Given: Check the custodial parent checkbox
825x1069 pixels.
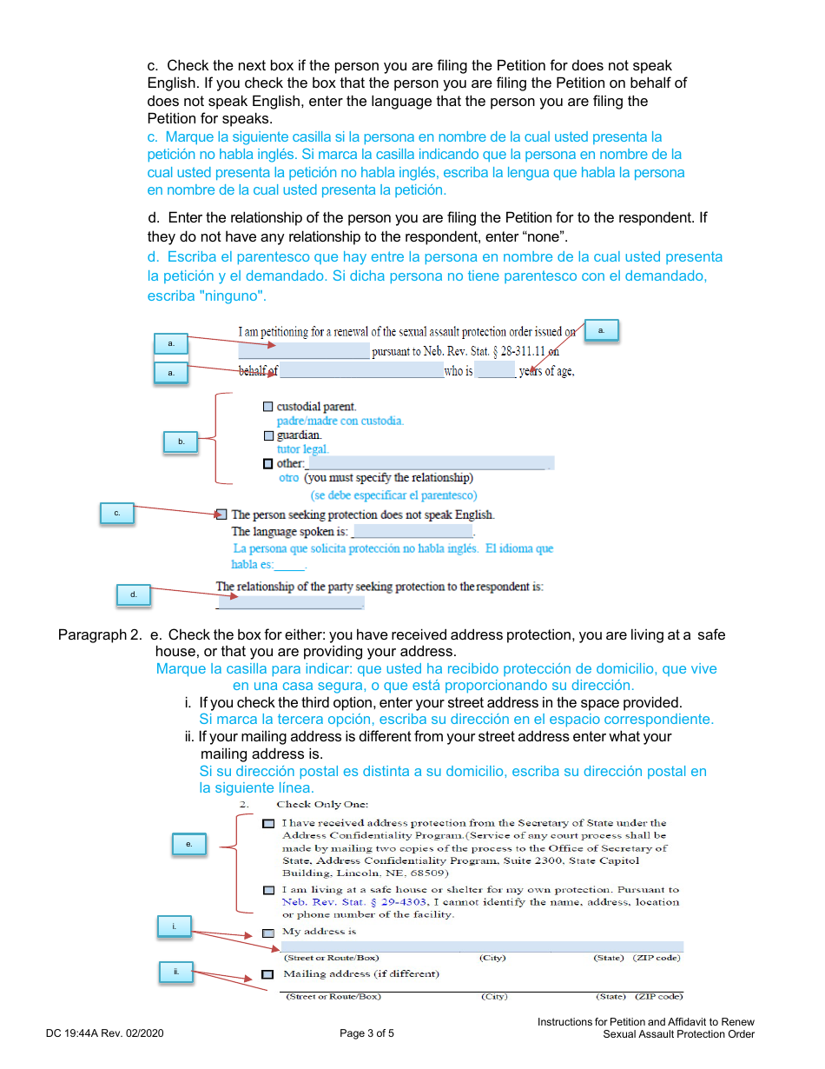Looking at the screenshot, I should pos(267,407).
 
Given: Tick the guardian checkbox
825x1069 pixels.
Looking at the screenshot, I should pos(267,435).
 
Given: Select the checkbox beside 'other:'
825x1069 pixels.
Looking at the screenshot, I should pos(267,463).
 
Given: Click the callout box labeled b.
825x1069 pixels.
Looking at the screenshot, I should pos(181,442).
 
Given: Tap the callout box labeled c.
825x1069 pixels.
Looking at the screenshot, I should pos(116,514).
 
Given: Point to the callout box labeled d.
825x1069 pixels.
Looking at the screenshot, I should pos(134,595).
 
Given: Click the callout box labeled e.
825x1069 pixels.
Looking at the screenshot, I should pos(188,844).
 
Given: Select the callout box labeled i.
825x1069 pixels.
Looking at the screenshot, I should pos(174,926).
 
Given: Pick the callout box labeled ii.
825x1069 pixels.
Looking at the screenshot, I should pos(175,972).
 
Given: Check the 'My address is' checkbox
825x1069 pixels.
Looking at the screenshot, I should pos(268,933).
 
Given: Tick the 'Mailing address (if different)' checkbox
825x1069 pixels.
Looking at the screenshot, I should pos(268,974).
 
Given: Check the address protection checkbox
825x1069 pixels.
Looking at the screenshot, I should pos(268,823).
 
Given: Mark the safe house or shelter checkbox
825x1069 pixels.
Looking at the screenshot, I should pos(268,890).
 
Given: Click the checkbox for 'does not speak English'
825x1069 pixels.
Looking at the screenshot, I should pos(221,515).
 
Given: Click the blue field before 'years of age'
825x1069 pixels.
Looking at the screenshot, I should pos(496,372).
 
